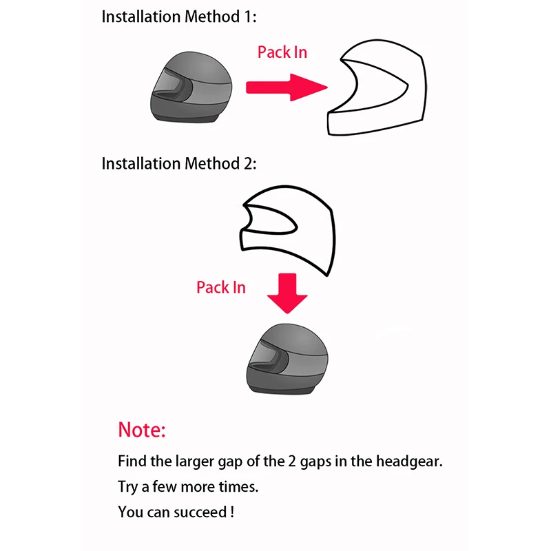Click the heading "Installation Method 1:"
pyautogui.click(x=179, y=17)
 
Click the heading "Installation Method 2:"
pyautogui.click(x=179, y=163)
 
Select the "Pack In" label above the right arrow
pyautogui.click(x=282, y=52)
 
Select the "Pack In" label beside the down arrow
pyautogui.click(x=220, y=287)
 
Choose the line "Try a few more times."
pyautogui.click(x=188, y=487)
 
